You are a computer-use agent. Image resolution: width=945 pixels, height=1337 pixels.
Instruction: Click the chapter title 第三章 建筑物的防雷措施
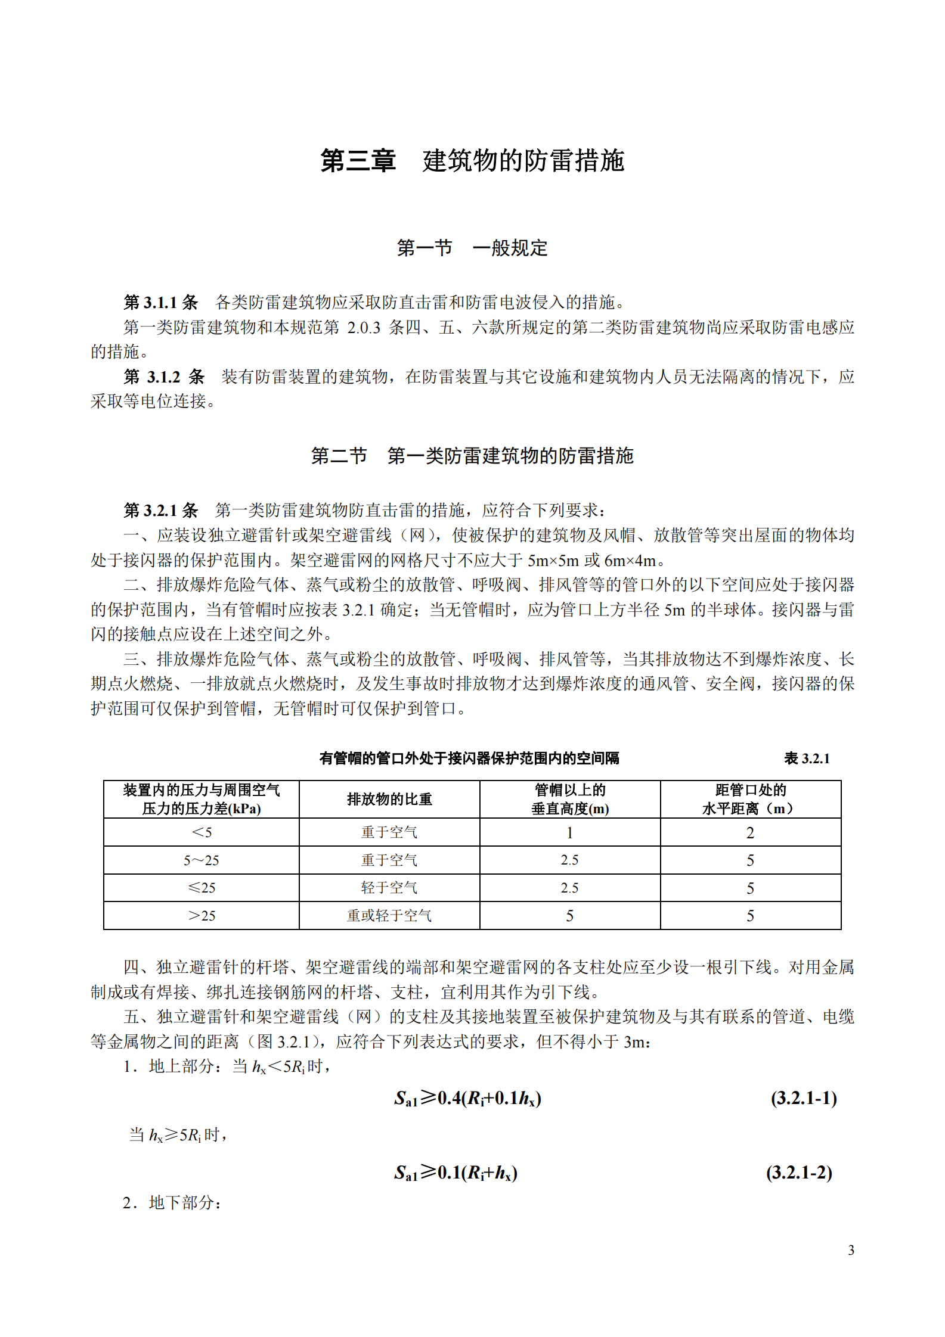click(472, 161)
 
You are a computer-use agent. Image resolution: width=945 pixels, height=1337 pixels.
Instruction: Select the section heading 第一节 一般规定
click(472, 248)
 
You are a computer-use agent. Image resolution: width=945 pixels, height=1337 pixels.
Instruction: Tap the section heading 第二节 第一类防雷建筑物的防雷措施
click(472, 456)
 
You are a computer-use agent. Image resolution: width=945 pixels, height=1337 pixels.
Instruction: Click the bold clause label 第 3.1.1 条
click(160, 303)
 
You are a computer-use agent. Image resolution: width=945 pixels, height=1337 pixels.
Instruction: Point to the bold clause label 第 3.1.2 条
click(164, 377)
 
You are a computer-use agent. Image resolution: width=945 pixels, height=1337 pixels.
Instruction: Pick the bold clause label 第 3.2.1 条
click(160, 511)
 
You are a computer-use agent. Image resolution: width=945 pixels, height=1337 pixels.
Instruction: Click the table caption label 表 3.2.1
click(807, 758)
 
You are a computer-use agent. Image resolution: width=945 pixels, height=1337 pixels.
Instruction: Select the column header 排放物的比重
click(389, 799)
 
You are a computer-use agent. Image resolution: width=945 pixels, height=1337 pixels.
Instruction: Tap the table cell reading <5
click(202, 832)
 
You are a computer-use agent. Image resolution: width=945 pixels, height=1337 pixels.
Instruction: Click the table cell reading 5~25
click(202, 860)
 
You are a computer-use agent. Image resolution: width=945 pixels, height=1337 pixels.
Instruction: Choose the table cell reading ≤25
click(202, 888)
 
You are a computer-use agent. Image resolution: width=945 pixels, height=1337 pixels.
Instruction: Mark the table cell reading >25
click(202, 916)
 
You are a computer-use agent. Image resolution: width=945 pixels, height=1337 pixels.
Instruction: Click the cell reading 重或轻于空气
click(389, 916)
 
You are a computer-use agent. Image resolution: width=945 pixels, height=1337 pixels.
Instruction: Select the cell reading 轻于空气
click(389, 888)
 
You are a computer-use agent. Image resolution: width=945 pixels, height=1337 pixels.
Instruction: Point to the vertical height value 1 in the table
click(570, 832)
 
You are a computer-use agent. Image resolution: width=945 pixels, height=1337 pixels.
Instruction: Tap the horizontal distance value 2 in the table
click(750, 832)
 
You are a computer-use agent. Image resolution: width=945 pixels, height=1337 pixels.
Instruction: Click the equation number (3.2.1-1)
click(804, 1097)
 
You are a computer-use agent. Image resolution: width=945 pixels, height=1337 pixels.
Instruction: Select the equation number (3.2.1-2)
click(799, 1172)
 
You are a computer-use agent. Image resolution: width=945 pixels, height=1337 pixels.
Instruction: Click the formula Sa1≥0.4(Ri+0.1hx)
click(467, 1097)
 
